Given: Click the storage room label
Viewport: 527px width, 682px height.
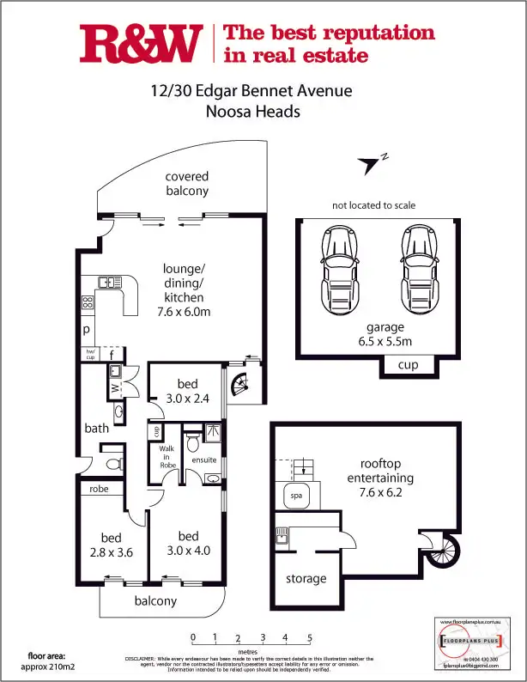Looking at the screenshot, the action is pyautogui.click(x=306, y=578).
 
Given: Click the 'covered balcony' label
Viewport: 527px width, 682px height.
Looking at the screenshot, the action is pyautogui.click(x=187, y=184).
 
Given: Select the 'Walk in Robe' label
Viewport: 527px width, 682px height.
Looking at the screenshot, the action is pyautogui.click(x=167, y=457).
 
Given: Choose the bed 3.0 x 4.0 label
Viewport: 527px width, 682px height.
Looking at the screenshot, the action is pyautogui.click(x=187, y=544).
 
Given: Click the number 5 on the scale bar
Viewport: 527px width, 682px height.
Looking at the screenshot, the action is pyautogui.click(x=309, y=637).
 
